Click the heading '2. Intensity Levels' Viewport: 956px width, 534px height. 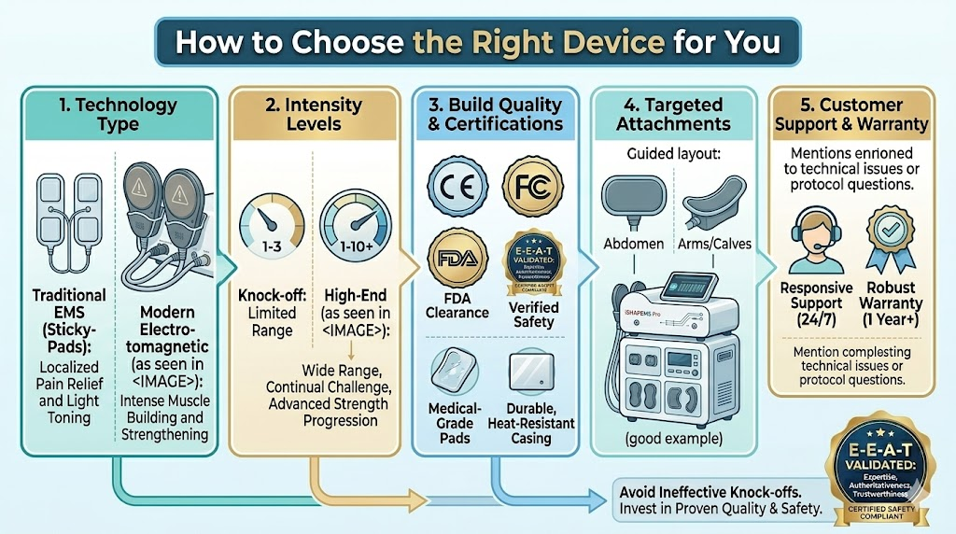point(315,113)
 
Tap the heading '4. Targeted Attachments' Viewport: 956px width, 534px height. point(679,114)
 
